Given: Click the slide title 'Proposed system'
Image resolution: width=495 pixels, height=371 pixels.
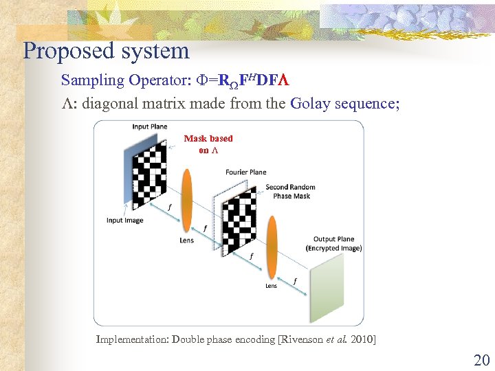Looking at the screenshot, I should tap(106, 51).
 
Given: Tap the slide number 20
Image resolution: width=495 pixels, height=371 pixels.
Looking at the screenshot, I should tap(481, 359).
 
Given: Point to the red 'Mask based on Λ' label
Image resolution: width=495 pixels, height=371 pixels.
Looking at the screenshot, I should tap(208, 144).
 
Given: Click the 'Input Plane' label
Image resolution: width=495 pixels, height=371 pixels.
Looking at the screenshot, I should tap(149, 126).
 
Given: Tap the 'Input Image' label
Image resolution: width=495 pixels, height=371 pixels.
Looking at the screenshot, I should tap(124, 221).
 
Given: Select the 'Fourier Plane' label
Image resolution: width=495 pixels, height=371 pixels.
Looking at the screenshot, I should tap(245, 172).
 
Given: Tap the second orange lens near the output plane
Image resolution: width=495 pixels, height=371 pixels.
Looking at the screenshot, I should tap(272, 244).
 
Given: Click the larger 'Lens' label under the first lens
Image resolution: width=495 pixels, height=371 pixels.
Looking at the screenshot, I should tap(186, 240).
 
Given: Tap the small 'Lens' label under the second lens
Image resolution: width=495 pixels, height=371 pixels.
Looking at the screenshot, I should tap(271, 286).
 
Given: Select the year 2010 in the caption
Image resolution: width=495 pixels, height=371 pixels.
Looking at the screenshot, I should tap(362, 339).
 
